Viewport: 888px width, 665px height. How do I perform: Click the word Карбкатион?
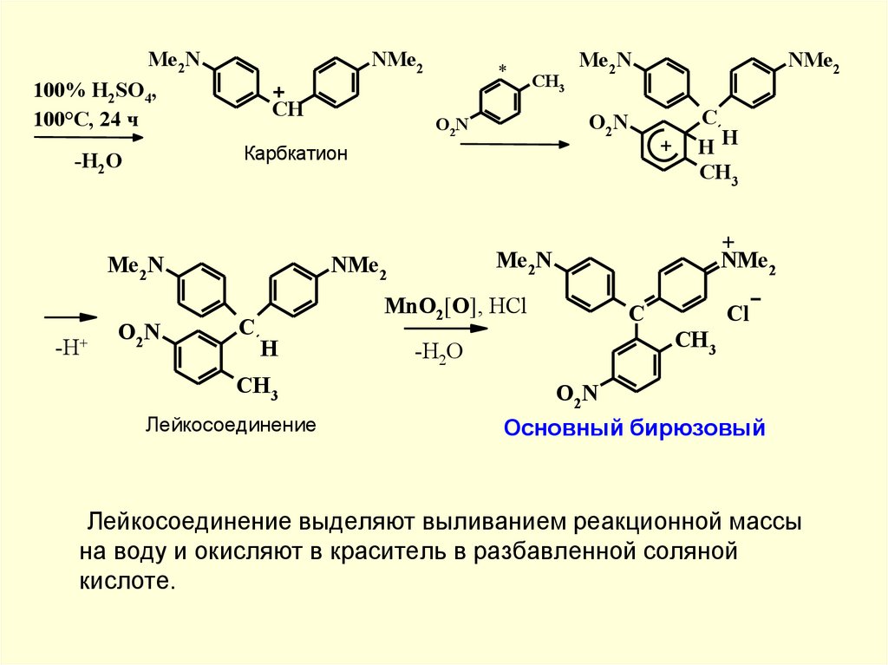(295, 154)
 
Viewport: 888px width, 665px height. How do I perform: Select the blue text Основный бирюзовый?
(635, 427)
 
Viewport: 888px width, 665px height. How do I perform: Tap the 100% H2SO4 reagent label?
(95, 92)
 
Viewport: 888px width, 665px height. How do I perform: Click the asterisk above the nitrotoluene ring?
(502, 68)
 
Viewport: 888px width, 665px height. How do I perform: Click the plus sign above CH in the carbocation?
(280, 92)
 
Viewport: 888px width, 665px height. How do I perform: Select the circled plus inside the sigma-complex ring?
(666, 147)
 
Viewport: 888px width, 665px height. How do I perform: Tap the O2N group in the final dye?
(577, 395)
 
